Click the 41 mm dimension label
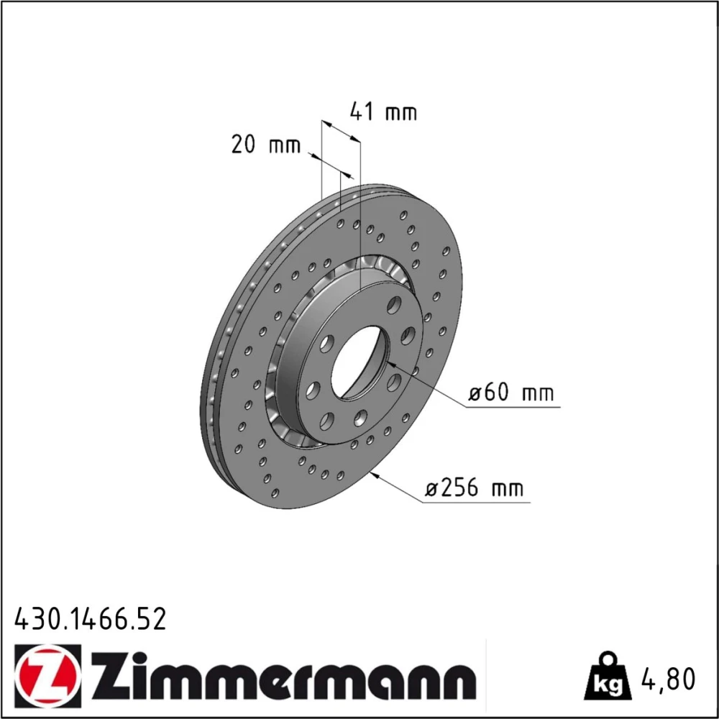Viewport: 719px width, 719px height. [x=383, y=112]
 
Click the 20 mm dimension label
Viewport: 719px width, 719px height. [x=265, y=145]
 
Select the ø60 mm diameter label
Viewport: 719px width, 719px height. [x=510, y=393]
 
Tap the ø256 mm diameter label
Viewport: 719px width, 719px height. [x=474, y=488]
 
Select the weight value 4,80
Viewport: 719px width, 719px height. [x=668, y=679]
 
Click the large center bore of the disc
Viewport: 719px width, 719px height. [x=360, y=362]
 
